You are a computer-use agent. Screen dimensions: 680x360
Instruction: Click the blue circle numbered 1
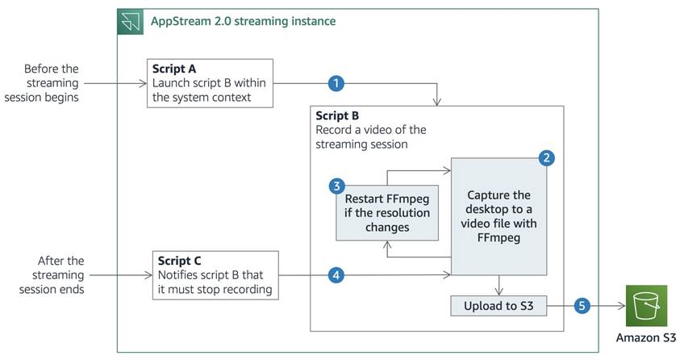click(x=336, y=83)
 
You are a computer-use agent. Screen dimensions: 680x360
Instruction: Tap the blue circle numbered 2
click(x=546, y=158)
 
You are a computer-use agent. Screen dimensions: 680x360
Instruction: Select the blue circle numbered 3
click(x=336, y=186)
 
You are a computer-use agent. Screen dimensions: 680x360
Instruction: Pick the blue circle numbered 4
click(x=336, y=275)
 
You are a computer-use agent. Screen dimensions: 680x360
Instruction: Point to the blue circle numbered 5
click(x=582, y=306)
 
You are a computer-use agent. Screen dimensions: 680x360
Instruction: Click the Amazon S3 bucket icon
click(x=646, y=306)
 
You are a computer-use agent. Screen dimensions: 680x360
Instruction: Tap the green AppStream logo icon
click(x=130, y=22)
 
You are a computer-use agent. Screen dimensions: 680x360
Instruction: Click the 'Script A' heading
click(x=174, y=69)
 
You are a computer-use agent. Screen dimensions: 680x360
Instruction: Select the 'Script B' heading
click(x=337, y=115)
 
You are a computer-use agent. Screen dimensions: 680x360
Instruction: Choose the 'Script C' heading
click(x=179, y=261)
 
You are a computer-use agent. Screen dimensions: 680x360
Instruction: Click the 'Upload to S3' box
click(x=499, y=306)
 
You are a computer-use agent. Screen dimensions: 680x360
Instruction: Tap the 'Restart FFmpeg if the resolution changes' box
click(x=387, y=213)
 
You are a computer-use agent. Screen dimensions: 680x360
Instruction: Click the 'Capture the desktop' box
click(x=499, y=216)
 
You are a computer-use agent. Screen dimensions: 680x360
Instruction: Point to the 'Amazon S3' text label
click(x=646, y=337)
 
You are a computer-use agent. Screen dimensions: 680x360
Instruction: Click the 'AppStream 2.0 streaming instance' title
click(x=244, y=21)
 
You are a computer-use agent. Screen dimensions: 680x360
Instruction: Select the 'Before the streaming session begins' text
click(x=42, y=83)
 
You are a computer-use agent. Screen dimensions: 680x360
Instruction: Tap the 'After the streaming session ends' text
click(x=52, y=275)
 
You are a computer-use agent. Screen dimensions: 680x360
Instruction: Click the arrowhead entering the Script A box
click(x=144, y=83)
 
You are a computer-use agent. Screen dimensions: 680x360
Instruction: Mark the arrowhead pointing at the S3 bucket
click(x=621, y=306)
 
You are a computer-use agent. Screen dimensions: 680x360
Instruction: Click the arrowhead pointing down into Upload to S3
click(x=499, y=292)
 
